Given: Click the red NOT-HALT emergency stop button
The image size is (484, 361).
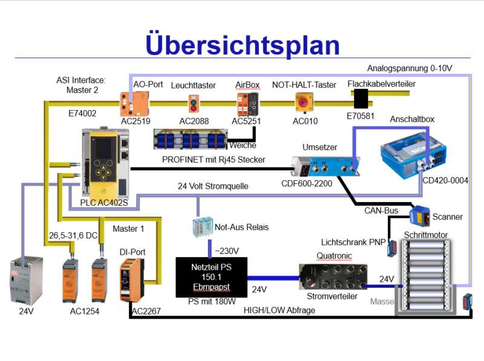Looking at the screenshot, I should click(303, 102).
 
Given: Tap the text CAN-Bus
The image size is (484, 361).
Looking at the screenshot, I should click(381, 210).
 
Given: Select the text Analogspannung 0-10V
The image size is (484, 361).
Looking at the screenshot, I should click(410, 68).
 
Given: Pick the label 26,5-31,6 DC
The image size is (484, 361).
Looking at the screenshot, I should click(73, 235).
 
